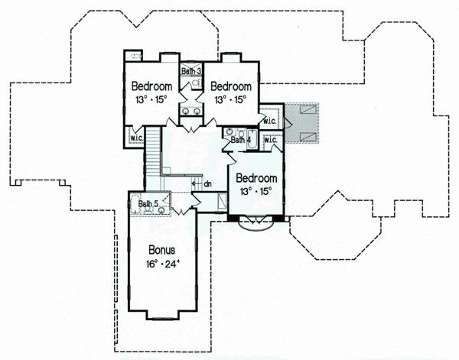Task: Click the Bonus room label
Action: (162, 250)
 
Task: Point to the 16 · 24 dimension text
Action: (162, 264)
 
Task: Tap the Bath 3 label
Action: (191, 71)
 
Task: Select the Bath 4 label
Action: (241, 140)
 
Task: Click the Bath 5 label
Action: (148, 203)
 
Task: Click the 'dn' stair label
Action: (207, 184)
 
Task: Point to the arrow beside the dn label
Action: (197, 183)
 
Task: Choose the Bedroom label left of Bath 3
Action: (151, 86)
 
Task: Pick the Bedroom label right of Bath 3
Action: (231, 86)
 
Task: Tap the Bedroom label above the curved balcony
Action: (256, 178)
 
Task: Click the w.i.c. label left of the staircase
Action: (137, 138)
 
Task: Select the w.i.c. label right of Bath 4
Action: (271, 140)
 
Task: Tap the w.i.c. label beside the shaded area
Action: (269, 121)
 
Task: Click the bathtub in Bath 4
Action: (252, 141)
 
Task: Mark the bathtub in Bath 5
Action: (135, 205)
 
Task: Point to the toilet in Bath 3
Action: (197, 83)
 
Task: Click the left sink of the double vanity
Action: (186, 111)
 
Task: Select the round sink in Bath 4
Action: (229, 132)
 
